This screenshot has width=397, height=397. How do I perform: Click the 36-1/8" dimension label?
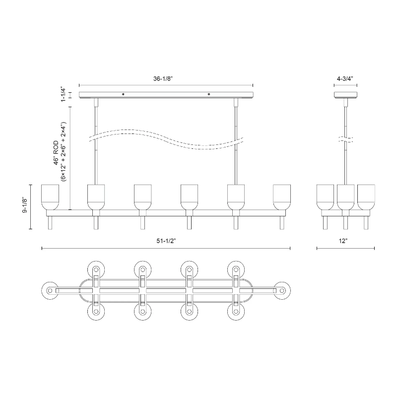pyautogui.click(x=163, y=79)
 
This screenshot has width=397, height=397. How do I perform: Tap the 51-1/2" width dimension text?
pyautogui.click(x=166, y=241)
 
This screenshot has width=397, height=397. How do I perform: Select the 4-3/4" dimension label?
pyautogui.click(x=345, y=79)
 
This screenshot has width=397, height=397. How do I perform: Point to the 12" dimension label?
pyautogui.click(x=343, y=241)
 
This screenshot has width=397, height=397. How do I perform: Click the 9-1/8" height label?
pyautogui.click(x=25, y=204)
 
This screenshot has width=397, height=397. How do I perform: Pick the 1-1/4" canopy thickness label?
pyautogui.click(x=63, y=94)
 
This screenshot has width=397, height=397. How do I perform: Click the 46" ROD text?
pyautogui.click(x=56, y=153)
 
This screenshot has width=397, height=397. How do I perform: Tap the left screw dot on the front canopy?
pyautogui.click(x=123, y=94)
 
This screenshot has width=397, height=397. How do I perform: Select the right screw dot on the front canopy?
pyautogui.click(x=209, y=94)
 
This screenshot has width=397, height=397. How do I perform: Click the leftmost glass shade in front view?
pyautogui.click(x=50, y=197)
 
